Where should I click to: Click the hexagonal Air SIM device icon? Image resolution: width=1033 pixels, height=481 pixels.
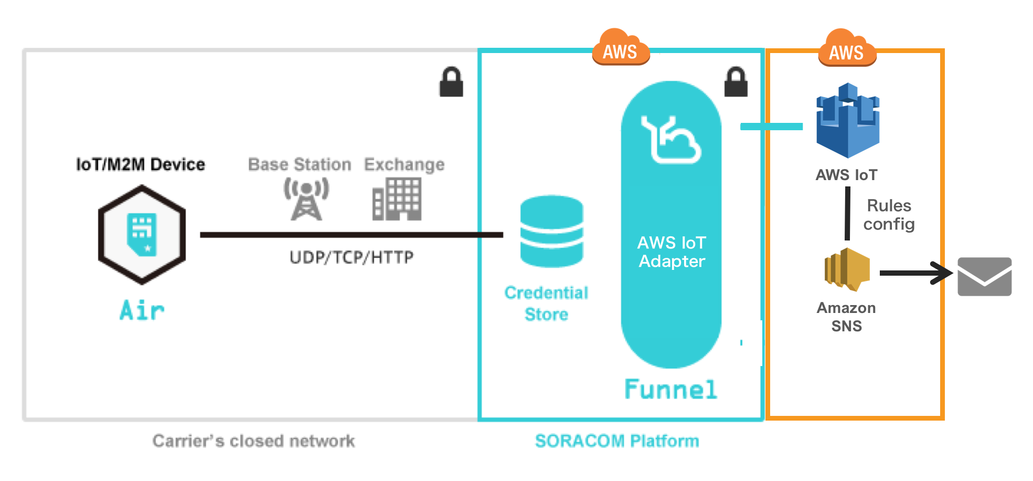142,234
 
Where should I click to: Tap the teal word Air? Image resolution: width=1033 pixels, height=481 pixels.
142,310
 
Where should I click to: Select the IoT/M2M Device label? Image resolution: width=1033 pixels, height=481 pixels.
141,164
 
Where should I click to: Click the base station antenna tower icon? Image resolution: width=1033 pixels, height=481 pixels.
306,200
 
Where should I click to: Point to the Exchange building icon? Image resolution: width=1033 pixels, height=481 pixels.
397,199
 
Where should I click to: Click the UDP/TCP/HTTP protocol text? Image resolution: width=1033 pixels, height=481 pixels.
352,257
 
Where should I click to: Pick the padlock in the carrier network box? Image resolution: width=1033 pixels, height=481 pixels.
451,82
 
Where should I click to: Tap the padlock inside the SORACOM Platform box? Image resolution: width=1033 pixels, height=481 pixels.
736,82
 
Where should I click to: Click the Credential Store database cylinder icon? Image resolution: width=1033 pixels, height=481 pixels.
551,231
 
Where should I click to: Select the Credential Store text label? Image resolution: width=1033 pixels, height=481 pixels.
546,303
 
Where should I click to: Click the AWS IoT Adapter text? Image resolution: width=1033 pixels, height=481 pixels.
672,252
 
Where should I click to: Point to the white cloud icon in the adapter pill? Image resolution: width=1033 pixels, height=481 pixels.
671,140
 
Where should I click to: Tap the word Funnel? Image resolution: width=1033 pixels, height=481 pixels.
670,390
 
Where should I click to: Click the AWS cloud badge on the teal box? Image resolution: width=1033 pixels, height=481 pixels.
621,48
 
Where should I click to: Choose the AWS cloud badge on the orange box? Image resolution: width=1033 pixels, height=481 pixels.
847,49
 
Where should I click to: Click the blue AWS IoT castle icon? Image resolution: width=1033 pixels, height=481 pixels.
848,121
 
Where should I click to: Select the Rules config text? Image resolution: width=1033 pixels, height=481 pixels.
889,215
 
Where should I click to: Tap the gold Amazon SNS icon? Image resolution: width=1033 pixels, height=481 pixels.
847,269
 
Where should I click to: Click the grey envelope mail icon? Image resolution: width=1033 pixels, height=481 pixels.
984,277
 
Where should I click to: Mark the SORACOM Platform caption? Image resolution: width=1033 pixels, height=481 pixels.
617,441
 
